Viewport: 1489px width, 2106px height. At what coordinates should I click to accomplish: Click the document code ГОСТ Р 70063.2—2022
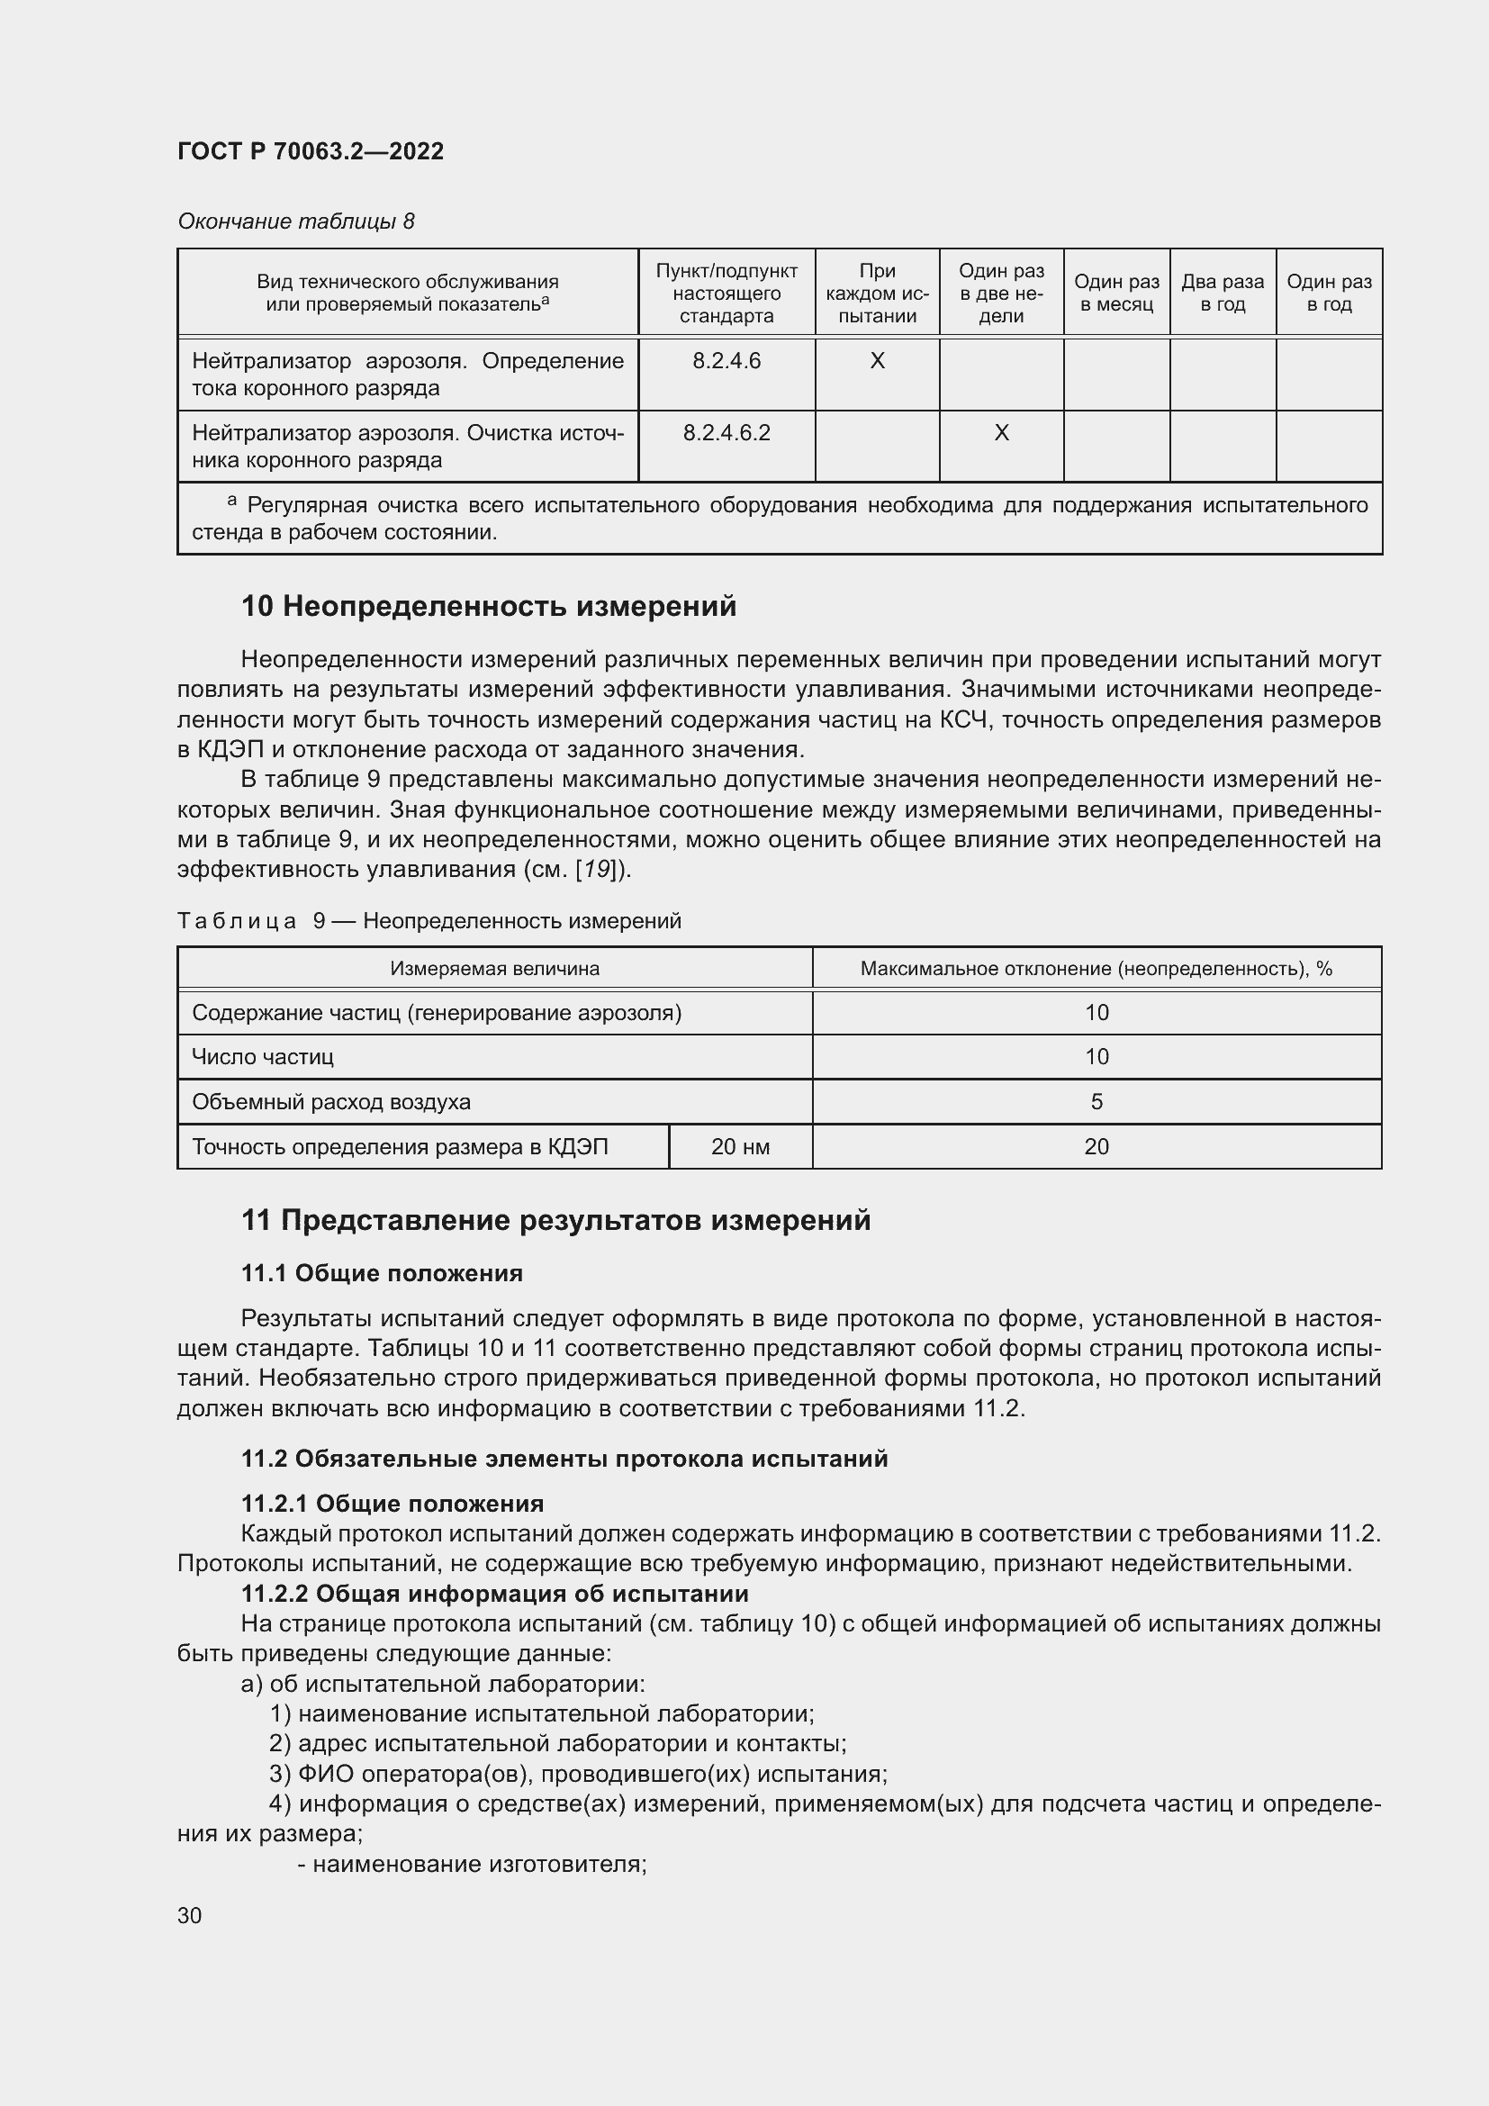pos(310,151)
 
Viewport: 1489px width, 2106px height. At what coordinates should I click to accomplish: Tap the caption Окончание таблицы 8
pos(295,221)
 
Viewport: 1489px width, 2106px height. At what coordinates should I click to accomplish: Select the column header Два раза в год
pos(1223,293)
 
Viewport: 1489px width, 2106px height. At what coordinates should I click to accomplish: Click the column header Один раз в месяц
pos(1115,293)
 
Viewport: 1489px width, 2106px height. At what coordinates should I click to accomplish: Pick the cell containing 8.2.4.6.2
pos(726,433)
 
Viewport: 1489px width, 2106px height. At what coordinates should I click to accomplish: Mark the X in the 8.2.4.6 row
pos(877,361)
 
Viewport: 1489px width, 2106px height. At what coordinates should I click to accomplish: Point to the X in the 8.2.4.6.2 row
pos(1001,433)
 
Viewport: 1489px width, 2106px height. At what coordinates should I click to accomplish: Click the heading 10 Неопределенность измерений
pos(489,606)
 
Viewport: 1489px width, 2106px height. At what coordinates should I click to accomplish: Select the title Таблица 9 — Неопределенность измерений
pos(429,921)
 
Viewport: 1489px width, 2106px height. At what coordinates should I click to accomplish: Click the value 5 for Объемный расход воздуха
pos(1096,1101)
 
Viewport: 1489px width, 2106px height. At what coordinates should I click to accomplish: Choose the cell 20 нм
pos(740,1146)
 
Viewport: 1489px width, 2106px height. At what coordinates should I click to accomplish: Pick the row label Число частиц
pos(263,1057)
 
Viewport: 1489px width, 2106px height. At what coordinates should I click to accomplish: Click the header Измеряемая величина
pos(495,969)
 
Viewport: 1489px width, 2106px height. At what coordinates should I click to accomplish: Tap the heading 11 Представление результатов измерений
pos(555,1220)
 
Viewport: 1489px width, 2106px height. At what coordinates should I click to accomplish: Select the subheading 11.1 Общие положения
pos(382,1273)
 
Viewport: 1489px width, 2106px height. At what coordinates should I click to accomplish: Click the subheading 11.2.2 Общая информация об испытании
pos(495,1594)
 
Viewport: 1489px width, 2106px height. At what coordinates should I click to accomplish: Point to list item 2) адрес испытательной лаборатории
pos(557,1743)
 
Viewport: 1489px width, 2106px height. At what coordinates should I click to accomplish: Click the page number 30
pos(190,1915)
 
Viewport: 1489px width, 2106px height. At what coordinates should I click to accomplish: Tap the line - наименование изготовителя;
pos(473,1864)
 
